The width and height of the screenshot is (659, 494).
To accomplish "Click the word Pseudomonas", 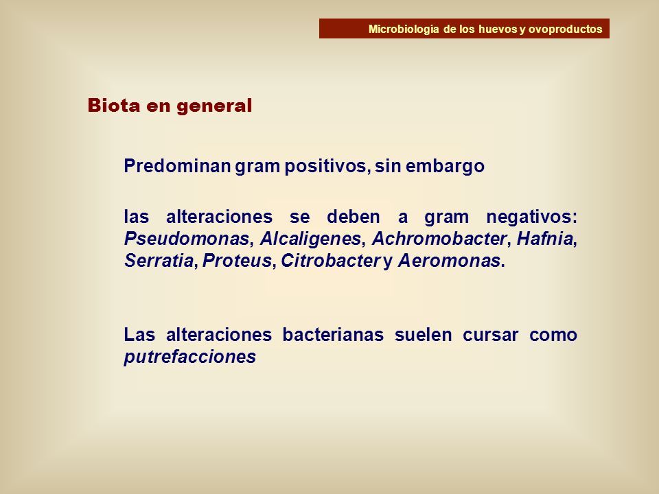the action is click(x=187, y=239).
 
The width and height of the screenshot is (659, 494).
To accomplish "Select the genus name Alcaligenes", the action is click(x=310, y=239).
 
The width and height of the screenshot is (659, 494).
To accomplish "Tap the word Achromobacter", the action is click(x=439, y=239).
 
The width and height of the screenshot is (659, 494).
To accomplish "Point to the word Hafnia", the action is click(x=544, y=239).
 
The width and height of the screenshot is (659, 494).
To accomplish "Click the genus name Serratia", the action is click(x=159, y=261).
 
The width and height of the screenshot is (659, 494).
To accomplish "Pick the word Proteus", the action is click(x=237, y=261).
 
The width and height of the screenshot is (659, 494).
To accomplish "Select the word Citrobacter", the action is click(x=331, y=261).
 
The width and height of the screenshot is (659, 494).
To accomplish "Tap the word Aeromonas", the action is click(x=449, y=261).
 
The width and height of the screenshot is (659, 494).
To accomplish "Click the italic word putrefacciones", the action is click(x=190, y=357).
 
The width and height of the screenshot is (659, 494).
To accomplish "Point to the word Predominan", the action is click(x=177, y=166).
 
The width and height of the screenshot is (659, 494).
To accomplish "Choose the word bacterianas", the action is click(x=333, y=335).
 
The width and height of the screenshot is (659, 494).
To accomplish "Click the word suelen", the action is click(x=424, y=335).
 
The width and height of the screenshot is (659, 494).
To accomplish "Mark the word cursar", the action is click(x=490, y=336).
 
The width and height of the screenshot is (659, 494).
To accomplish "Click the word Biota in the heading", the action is click(x=114, y=106).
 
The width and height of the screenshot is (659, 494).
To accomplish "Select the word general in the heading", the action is click(x=214, y=106).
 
